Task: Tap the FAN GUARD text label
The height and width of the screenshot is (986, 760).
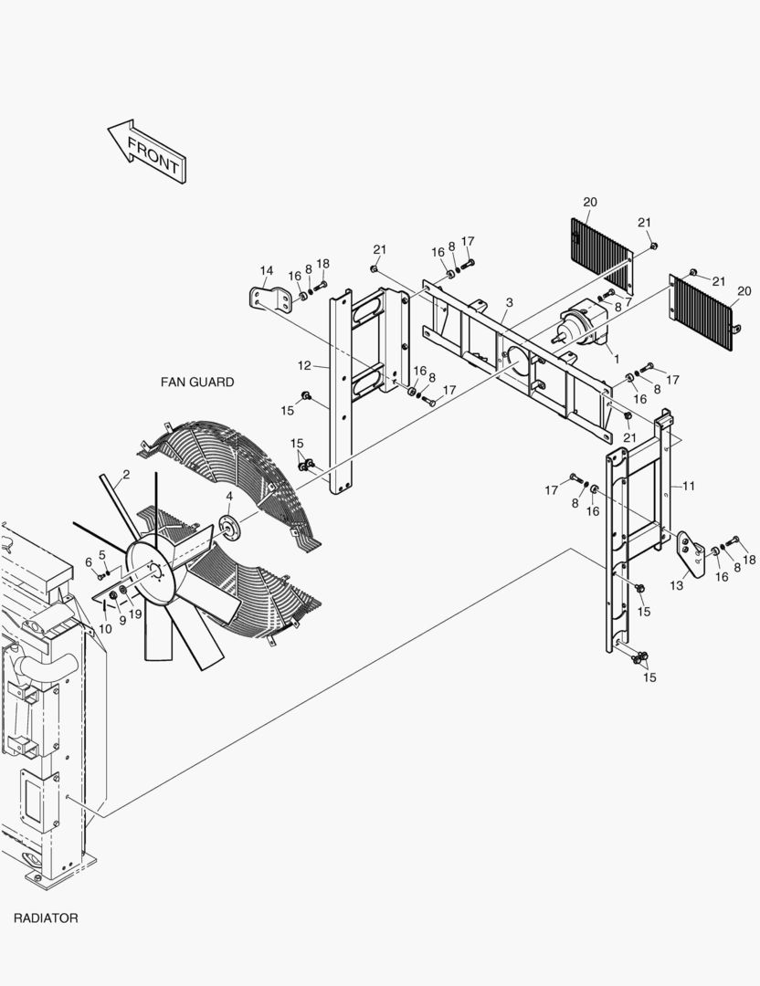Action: click(x=196, y=383)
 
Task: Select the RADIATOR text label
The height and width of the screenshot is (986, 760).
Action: click(x=46, y=918)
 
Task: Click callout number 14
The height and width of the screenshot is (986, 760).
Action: click(x=266, y=270)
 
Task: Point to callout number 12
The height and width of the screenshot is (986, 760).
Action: click(x=303, y=366)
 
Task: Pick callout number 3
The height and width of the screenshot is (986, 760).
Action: click(x=509, y=302)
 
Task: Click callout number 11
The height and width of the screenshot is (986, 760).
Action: click(x=689, y=487)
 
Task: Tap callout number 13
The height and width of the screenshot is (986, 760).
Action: click(x=678, y=585)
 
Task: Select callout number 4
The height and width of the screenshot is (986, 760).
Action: click(x=229, y=497)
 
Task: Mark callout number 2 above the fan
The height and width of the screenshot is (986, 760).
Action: click(x=125, y=474)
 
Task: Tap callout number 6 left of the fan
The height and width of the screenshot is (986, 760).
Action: click(x=89, y=561)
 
